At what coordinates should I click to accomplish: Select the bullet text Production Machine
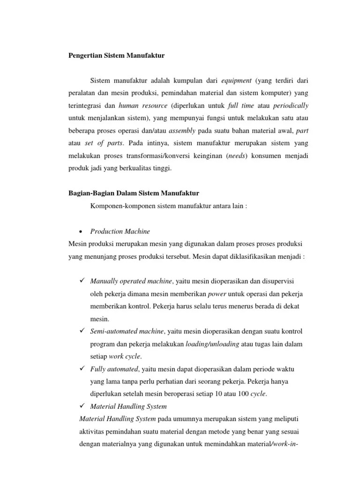pyautogui.click(x=120, y=231)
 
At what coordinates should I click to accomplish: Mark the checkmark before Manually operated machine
pyautogui.click(x=81, y=280)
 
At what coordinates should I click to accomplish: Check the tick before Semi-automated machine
pyautogui.click(x=81, y=331)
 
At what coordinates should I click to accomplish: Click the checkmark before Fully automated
pyautogui.click(x=81, y=369)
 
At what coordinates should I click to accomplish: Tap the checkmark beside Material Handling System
pyautogui.click(x=81, y=406)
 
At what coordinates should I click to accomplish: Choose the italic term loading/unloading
pyautogui.click(x=212, y=344)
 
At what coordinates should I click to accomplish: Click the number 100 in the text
pyautogui.click(x=243, y=394)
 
